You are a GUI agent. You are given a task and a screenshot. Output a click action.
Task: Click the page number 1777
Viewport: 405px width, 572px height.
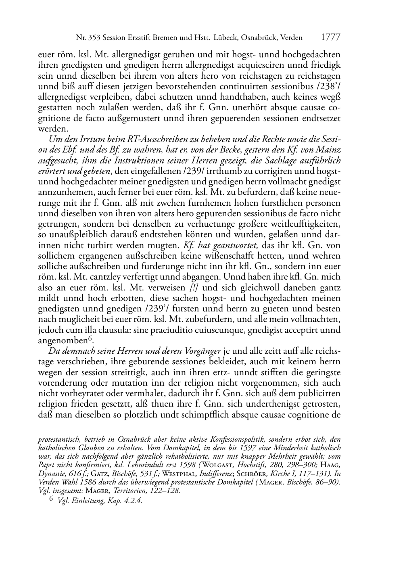(331, 38)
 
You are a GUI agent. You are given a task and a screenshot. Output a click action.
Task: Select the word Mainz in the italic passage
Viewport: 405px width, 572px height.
(329, 150)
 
